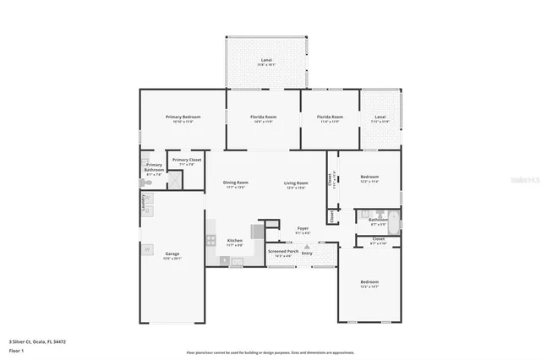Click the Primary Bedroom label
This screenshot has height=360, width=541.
pos(183,117)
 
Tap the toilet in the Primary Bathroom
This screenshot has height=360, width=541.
pos(145,162)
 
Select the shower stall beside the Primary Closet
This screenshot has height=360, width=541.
pos(175,178)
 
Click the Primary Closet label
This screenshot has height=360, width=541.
pos(186,160)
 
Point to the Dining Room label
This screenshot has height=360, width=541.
pos(236,183)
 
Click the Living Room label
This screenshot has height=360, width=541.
pos(295,183)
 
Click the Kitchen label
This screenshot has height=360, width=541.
pos(235,240)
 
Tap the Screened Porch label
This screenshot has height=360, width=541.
pos(282,251)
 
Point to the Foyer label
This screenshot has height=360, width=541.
pos(303,229)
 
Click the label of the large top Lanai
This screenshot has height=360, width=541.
pos(265,60)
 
